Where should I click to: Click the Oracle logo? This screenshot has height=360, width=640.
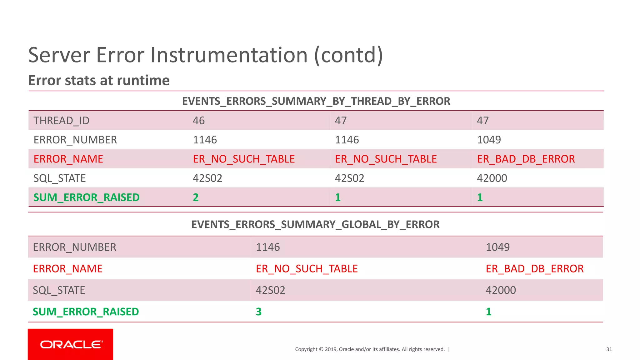71,344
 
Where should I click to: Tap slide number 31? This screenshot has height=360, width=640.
609,349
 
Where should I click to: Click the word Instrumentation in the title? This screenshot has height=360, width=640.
229,55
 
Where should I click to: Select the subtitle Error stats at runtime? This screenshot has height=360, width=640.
99,80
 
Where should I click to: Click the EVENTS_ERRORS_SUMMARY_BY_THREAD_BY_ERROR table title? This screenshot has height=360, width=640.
316,101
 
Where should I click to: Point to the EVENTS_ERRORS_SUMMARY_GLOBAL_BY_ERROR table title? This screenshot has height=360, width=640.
315,224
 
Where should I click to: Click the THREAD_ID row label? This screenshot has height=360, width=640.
62,121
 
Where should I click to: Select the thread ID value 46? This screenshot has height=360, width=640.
199,121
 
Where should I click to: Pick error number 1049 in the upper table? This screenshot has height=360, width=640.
489,140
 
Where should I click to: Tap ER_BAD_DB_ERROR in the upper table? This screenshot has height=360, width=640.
526,159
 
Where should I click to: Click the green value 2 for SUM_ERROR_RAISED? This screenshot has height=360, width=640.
196,197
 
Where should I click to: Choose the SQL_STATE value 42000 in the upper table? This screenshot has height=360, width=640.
492,178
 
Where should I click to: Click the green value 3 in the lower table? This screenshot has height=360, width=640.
259,312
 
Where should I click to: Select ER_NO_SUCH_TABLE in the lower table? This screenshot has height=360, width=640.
307,269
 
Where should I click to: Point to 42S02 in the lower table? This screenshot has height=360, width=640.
270,290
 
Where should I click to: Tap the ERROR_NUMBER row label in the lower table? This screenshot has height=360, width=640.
74,247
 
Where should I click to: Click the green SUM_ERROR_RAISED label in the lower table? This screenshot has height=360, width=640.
86,312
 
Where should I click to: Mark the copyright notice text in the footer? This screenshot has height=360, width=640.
370,349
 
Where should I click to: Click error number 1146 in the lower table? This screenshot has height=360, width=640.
268,247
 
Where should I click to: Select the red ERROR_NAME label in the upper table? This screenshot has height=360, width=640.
68,159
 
